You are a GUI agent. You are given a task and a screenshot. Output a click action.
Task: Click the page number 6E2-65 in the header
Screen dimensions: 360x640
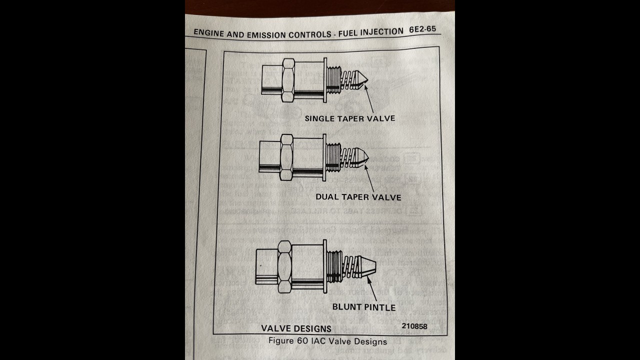point(422,29)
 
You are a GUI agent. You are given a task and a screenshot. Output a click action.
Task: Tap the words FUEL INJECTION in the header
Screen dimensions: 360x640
point(370,32)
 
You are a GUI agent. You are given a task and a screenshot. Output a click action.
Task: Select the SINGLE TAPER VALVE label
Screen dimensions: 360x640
point(350,118)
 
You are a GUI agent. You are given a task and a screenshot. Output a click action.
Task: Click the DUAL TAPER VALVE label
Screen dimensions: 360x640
point(358,197)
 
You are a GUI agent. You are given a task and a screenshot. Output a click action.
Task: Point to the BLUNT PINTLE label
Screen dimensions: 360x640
point(364,307)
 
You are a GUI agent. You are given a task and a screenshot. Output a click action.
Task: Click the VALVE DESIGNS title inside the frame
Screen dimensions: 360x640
point(296,328)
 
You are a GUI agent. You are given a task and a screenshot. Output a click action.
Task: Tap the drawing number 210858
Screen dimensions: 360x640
point(414,326)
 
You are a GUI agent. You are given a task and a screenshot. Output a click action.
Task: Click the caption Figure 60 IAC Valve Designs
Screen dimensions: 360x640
point(327,341)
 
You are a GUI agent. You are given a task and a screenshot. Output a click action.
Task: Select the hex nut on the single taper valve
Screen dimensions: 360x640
point(288,80)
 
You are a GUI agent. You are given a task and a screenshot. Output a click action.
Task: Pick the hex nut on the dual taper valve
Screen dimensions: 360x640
point(286,157)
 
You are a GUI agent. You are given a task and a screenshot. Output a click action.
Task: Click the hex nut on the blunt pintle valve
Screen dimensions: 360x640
point(283,266)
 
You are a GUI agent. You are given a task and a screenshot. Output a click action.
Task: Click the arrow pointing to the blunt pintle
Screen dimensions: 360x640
point(372,289)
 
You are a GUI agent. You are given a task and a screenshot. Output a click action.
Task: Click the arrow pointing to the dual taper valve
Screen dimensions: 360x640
point(369,177)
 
